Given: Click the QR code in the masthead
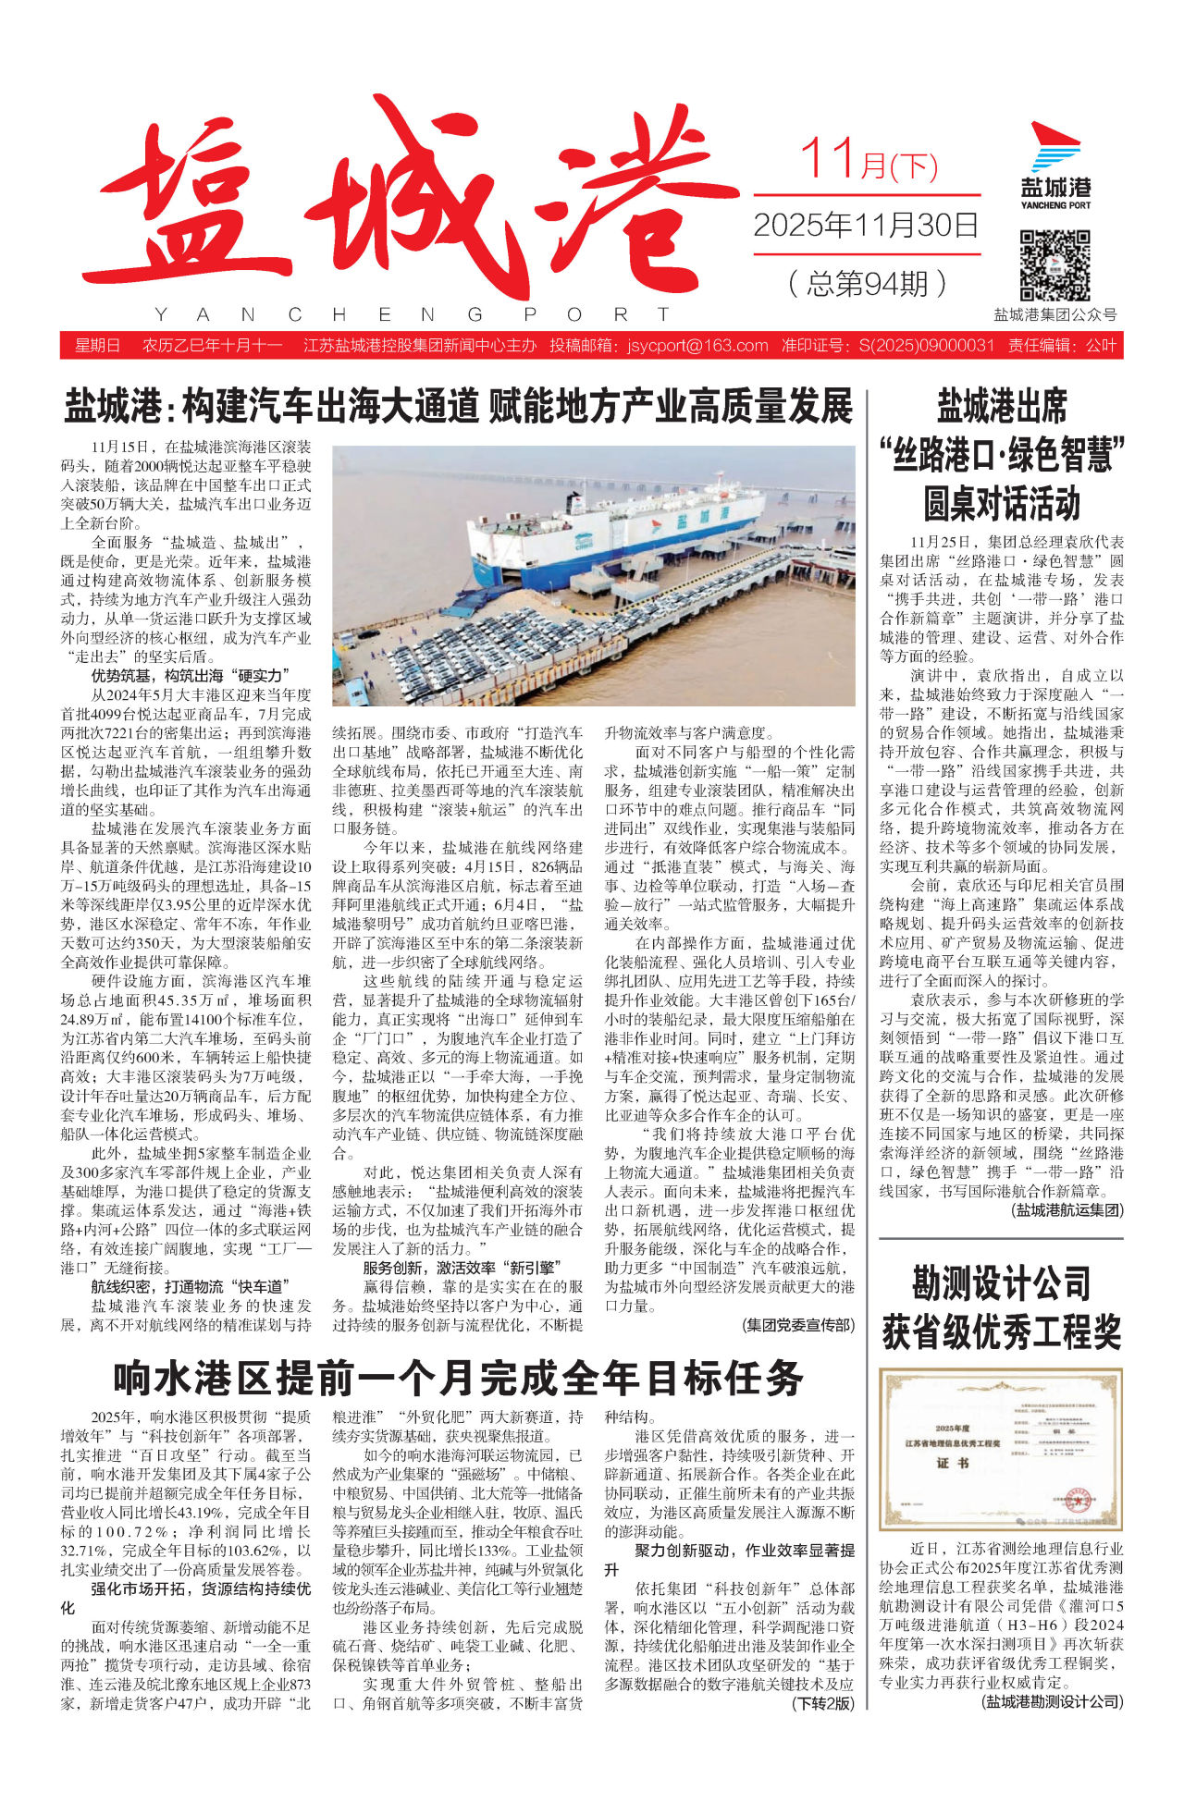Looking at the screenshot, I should pyautogui.click(x=1054, y=266).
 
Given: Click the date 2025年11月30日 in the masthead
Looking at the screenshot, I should pyautogui.click(x=866, y=225).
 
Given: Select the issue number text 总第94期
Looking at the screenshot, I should pyautogui.click(x=867, y=283).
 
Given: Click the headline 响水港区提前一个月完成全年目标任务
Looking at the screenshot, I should pyautogui.click(x=458, y=1379).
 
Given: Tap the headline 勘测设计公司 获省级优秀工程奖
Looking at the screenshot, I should pyautogui.click(x=1001, y=1307).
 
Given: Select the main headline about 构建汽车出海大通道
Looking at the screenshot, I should pyautogui.click(x=458, y=406).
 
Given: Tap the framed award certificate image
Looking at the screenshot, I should pyautogui.click(x=1000, y=1450).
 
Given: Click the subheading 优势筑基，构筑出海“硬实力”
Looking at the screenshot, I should pyautogui.click(x=190, y=676).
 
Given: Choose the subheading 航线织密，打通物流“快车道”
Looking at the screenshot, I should pyautogui.click(x=190, y=1286).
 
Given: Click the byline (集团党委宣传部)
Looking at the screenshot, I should pyautogui.click(x=798, y=1325).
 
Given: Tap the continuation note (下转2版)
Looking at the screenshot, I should pyautogui.click(x=822, y=1703).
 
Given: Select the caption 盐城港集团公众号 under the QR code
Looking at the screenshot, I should pyautogui.click(x=1054, y=314).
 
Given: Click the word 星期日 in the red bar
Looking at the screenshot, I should pyautogui.click(x=97, y=346).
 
